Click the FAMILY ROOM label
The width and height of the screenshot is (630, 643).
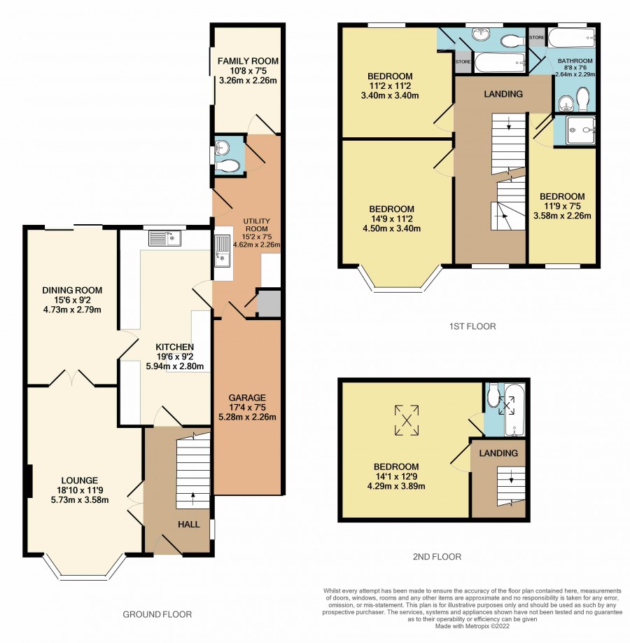(248, 61)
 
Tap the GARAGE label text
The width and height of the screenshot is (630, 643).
(247, 397)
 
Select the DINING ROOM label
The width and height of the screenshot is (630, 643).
(72, 291)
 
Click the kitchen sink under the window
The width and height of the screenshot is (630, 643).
(164, 238)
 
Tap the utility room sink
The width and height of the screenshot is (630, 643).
(222, 251)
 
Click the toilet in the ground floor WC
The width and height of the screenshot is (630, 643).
(227, 166)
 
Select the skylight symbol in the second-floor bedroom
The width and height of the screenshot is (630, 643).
(407, 420)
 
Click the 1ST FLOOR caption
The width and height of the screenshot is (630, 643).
(472, 326)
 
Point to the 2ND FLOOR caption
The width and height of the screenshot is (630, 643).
(437, 556)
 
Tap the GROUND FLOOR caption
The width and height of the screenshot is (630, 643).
(157, 614)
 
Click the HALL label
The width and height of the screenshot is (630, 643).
(188, 524)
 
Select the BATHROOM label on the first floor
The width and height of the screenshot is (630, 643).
(575, 61)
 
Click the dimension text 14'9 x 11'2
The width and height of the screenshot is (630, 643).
(391, 219)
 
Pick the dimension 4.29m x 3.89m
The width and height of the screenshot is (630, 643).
(396, 486)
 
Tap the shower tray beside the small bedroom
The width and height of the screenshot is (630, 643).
(580, 130)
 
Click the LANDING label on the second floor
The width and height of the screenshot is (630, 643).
(498, 453)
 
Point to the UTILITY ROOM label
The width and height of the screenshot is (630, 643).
(257, 225)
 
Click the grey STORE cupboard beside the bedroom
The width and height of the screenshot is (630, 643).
(463, 62)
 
